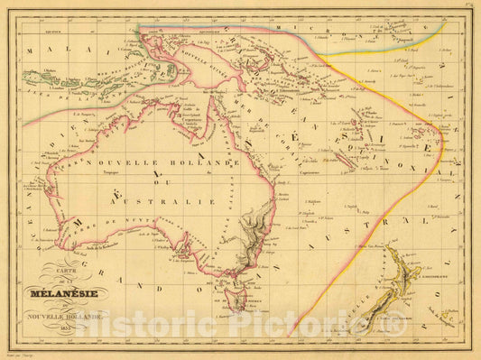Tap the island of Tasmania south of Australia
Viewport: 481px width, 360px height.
pos(236,297)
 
